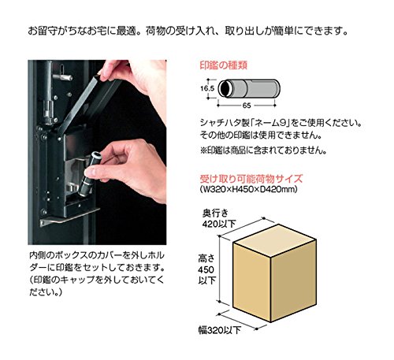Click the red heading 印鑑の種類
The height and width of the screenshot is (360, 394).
(224, 65)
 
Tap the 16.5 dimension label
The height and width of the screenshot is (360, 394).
(207, 88)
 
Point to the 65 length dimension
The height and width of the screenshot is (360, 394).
(247, 106)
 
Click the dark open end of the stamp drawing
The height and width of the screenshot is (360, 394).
(225, 88)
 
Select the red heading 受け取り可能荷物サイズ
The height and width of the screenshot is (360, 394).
(251, 179)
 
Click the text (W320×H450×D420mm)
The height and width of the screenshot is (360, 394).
(248, 189)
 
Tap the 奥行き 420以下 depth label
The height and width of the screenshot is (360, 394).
(219, 218)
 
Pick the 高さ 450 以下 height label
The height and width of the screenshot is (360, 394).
(206, 269)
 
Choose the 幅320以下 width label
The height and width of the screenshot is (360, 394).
(220, 330)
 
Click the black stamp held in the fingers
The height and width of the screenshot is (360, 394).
(89, 175)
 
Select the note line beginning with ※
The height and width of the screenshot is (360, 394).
(263, 150)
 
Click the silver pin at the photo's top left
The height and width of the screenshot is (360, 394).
(63, 77)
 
